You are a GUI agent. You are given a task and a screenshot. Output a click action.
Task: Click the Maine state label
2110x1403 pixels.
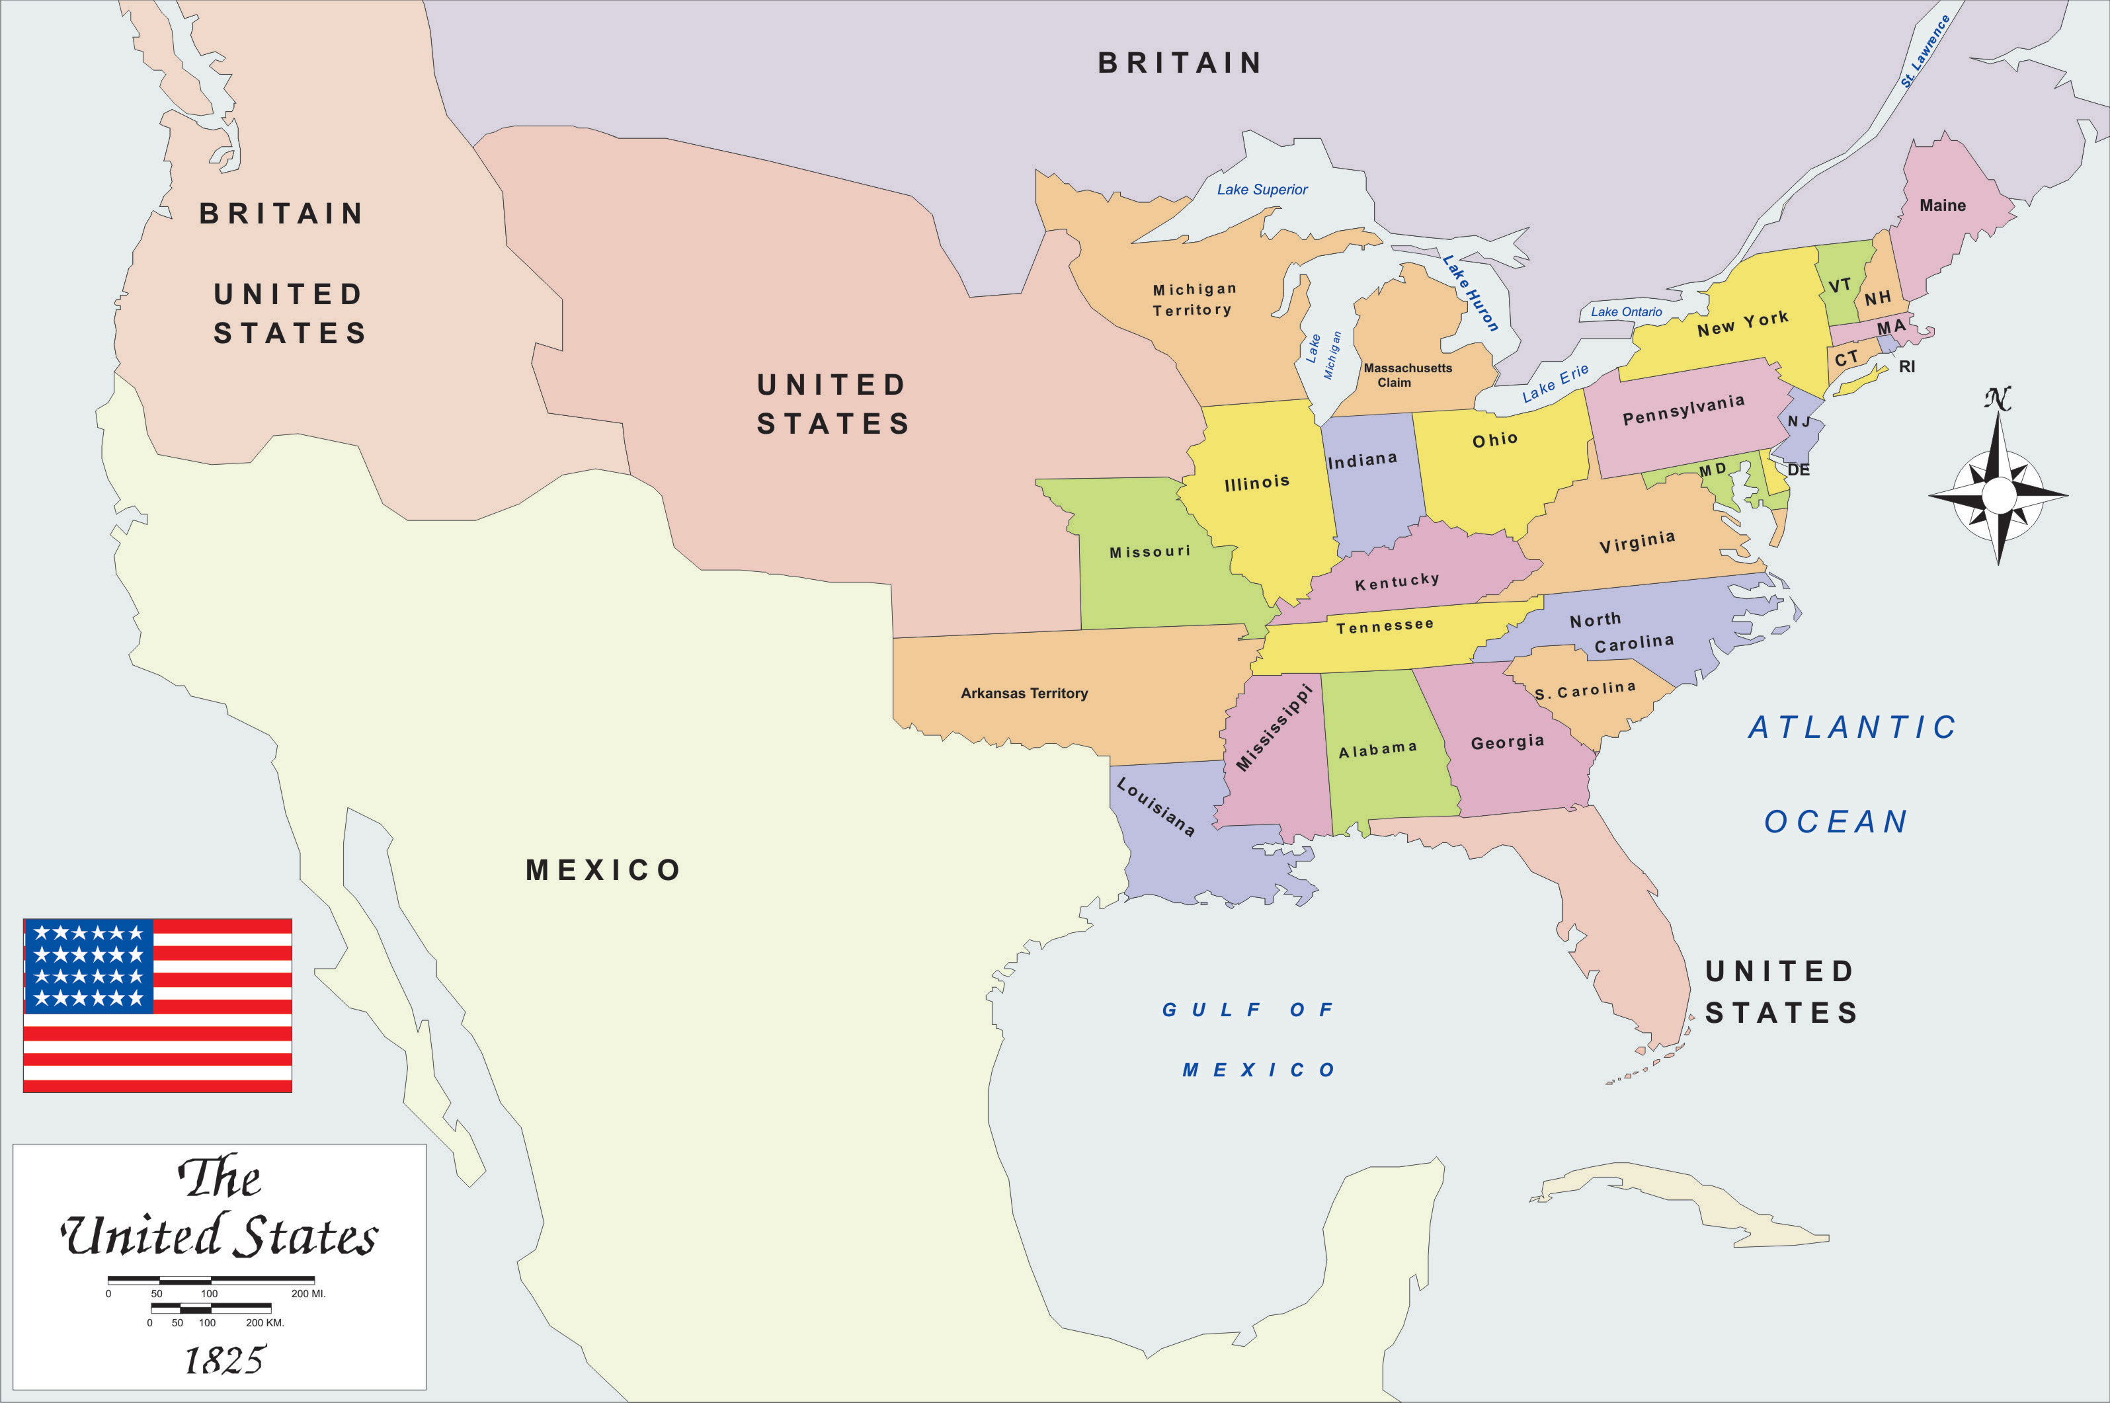point(1942,206)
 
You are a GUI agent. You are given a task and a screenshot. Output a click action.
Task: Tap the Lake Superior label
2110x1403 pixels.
point(1262,190)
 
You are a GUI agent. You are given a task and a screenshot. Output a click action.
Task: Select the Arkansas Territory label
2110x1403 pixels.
point(1024,694)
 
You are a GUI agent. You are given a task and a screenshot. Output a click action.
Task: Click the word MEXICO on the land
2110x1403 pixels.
point(603,869)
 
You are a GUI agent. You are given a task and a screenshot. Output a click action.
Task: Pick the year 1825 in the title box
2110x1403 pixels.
point(225,1360)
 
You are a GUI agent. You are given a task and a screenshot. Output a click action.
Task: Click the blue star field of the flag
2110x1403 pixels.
point(89,965)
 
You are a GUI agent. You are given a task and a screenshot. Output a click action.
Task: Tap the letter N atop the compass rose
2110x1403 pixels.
point(1997,399)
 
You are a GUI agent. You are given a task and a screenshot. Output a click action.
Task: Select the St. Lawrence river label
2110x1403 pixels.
point(1925,52)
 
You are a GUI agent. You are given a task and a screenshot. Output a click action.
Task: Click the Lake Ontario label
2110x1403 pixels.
point(1626,312)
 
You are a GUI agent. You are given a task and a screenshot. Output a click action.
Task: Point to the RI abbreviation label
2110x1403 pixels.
point(1907,367)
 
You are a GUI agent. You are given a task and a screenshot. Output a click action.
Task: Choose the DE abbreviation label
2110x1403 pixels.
point(1798,469)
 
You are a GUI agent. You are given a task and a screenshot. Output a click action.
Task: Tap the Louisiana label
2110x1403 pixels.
point(1155,807)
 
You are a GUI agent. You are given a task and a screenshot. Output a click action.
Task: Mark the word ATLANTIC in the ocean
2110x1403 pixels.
point(1852,727)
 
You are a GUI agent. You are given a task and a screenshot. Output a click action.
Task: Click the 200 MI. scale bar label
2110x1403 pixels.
point(308,1294)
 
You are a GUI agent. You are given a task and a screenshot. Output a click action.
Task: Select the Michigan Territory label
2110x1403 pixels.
point(1194,300)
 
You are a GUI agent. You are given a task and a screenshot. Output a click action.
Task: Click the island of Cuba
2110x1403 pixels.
point(1682,1203)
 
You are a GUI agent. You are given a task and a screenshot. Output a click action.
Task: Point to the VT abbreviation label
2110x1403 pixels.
point(1839,286)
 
